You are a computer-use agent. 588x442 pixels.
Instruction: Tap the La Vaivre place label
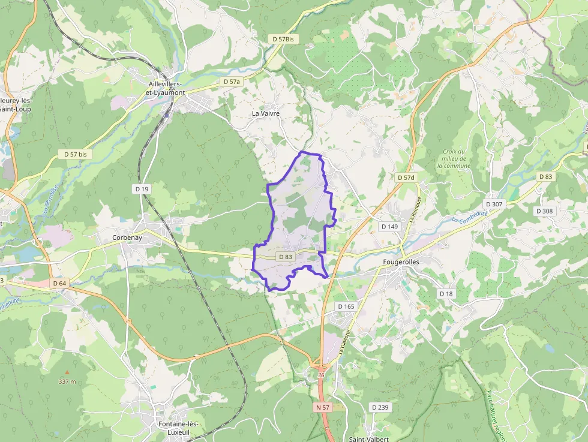click(x=266, y=113)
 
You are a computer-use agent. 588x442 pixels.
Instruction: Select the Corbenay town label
click(x=127, y=237)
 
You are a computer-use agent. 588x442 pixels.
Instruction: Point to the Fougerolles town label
click(x=401, y=262)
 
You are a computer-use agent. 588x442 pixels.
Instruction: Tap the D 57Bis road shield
click(x=283, y=39)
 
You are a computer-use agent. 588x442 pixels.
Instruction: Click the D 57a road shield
click(x=231, y=81)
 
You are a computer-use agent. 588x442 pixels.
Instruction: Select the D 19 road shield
click(x=140, y=189)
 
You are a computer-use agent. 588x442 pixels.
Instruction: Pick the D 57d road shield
click(x=406, y=178)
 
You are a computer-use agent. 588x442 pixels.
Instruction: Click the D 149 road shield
click(x=389, y=227)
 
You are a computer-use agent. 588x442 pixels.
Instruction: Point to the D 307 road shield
click(x=494, y=204)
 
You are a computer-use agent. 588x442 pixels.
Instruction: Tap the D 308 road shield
click(x=545, y=211)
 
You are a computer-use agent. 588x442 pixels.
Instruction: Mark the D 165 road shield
click(x=346, y=306)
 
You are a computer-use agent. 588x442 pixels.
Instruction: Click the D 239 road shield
click(x=380, y=407)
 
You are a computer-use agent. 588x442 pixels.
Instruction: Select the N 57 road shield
click(x=323, y=407)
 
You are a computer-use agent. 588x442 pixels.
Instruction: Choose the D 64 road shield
click(x=59, y=283)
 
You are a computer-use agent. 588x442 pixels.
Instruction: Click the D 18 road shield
click(x=446, y=294)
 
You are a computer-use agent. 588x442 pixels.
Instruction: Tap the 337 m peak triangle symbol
click(x=67, y=372)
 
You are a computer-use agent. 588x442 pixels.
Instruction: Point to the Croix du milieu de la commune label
click(x=454, y=159)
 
